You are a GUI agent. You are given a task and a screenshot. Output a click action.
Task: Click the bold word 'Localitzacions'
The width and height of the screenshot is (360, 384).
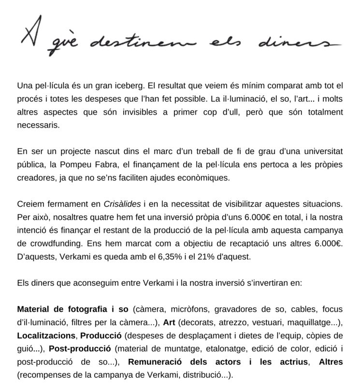(x=46, y=335)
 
